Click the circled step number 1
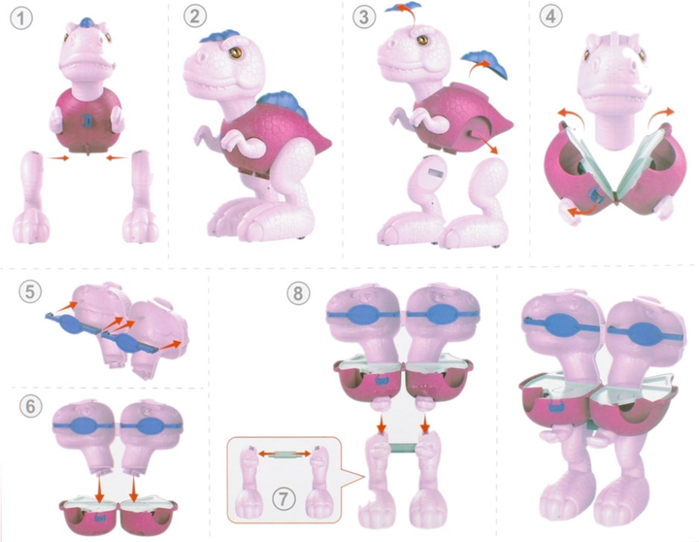(x=21, y=19)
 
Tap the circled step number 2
(x=195, y=17)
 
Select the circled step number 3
(x=364, y=17)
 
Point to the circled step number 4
(x=551, y=17)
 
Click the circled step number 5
(x=30, y=292)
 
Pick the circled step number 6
(x=31, y=406)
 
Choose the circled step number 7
(x=283, y=498)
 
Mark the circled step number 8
(x=298, y=293)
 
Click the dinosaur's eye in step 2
(x=235, y=53)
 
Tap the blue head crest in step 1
(x=86, y=22)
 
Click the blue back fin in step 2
(x=280, y=104)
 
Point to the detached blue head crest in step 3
(x=403, y=8)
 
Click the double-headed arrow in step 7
(x=284, y=454)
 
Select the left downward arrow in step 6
(x=100, y=489)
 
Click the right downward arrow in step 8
(x=425, y=424)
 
